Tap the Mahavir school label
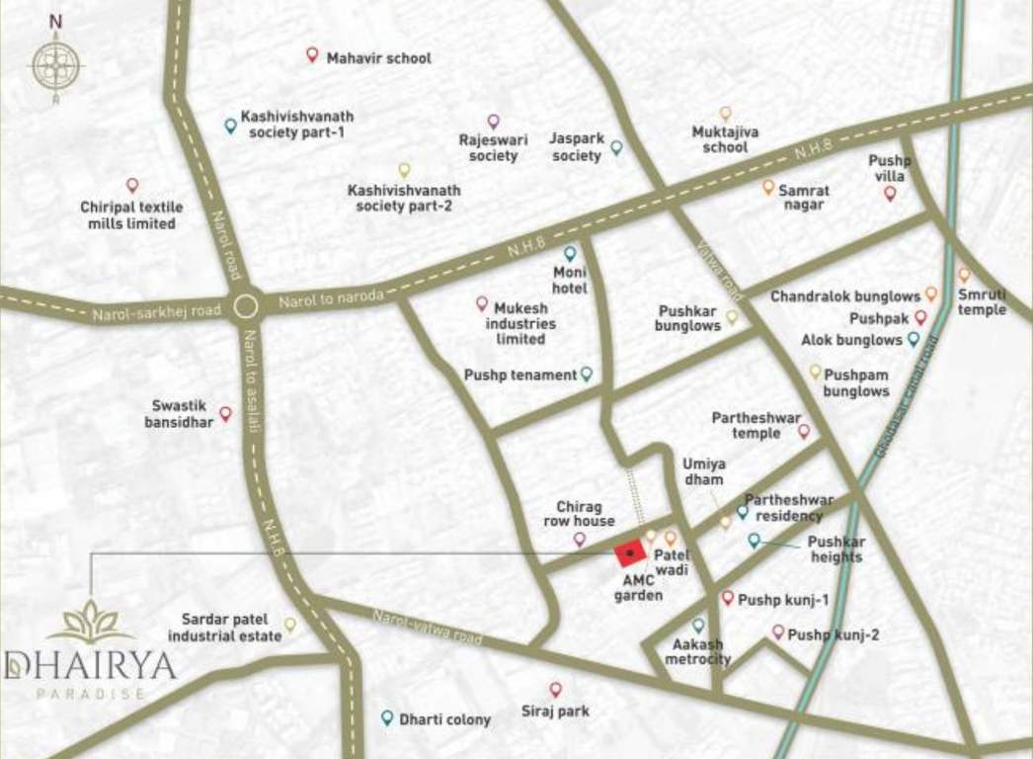(x=378, y=58)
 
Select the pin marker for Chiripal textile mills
(x=132, y=185)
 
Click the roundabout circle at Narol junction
(x=245, y=307)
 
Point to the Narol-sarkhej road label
(x=157, y=312)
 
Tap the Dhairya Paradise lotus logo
(x=90, y=622)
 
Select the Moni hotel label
(x=570, y=280)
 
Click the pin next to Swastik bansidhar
(x=225, y=414)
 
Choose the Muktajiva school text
(x=725, y=139)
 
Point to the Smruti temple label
(x=982, y=302)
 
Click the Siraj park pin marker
(x=556, y=689)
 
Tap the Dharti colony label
(x=444, y=719)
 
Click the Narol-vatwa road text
(x=427, y=628)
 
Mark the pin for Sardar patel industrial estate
(x=290, y=625)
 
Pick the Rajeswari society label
(x=493, y=148)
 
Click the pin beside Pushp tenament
(x=587, y=374)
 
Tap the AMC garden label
(x=638, y=589)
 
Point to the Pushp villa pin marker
(x=890, y=193)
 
